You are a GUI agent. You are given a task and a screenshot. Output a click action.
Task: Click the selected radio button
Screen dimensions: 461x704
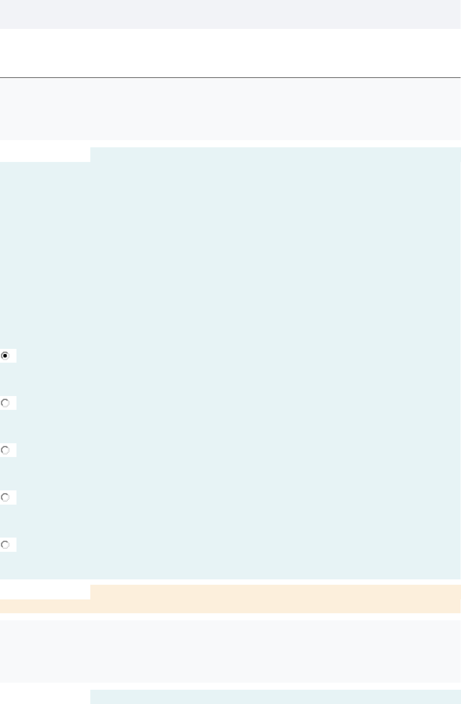[5, 356]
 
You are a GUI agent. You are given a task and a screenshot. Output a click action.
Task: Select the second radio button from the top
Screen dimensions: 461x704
[5, 403]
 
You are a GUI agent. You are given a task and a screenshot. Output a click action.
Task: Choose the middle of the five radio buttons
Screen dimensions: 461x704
[5, 450]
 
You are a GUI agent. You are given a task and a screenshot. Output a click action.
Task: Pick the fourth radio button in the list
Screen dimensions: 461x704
[5, 498]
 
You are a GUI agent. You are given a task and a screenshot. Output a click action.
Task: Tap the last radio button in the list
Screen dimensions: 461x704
[5, 545]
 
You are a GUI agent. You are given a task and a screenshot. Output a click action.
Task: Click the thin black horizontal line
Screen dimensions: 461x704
[230, 78]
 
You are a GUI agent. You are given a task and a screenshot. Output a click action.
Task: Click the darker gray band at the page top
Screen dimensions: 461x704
[230, 14]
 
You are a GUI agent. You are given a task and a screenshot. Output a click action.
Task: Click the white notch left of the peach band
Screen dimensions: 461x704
[45, 592]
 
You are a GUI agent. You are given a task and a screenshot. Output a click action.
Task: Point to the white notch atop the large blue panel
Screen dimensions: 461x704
[45, 154]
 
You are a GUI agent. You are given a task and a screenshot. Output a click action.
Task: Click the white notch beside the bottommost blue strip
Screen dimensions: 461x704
[45, 697]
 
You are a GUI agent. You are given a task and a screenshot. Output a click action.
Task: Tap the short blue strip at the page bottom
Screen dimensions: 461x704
[275, 697]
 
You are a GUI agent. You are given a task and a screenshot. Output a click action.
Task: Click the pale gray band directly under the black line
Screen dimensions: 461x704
[230, 109]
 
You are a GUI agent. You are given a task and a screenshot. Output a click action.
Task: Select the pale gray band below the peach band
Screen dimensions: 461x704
[230, 651]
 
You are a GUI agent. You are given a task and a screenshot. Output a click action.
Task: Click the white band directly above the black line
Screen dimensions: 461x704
[230, 53]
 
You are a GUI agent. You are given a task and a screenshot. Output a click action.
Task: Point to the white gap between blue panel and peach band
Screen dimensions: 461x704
[230, 582]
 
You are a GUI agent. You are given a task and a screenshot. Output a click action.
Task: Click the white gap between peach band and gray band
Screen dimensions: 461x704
[230, 617]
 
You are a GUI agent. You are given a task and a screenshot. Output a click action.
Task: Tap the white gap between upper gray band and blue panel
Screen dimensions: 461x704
[230, 144]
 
